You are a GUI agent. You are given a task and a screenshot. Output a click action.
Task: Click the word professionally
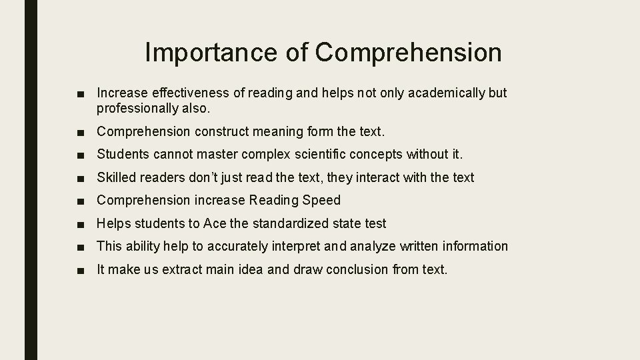[137, 107]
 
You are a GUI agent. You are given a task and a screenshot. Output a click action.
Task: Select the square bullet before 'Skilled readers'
[81, 178]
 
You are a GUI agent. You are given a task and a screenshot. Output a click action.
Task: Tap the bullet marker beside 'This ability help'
[81, 247]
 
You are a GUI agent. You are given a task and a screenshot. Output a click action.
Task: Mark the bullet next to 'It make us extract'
[81, 270]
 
